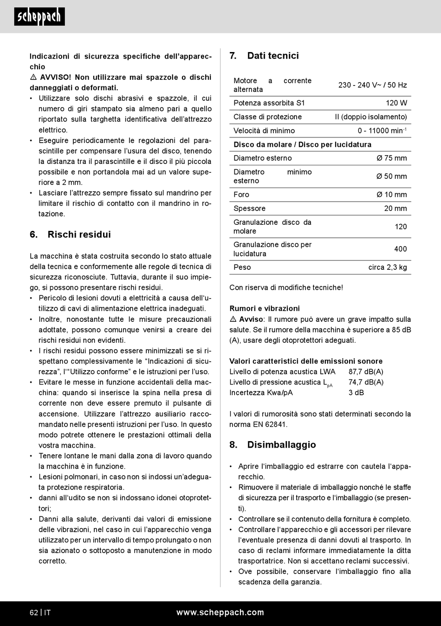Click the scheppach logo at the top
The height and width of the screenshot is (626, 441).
click(x=39, y=17)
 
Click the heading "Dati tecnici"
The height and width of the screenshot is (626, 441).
click(x=273, y=56)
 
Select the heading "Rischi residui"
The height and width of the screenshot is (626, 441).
click(x=79, y=235)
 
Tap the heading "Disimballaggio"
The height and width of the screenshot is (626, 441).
click(x=281, y=445)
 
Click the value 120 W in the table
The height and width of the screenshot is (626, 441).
click(x=396, y=103)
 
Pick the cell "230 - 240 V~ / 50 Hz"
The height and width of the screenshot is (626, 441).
click(x=372, y=85)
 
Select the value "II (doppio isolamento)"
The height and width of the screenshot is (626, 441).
click(x=371, y=117)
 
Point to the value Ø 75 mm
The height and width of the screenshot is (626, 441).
click(x=391, y=158)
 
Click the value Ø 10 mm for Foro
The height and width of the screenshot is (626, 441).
click(x=391, y=195)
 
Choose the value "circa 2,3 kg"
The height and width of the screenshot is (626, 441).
click(x=388, y=267)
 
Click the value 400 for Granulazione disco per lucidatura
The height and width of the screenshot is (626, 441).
click(x=400, y=249)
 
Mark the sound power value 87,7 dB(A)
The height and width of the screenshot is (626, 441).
click(x=366, y=372)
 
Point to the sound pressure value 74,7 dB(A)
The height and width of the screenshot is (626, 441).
click(x=366, y=382)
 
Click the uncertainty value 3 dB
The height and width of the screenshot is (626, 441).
click(x=356, y=392)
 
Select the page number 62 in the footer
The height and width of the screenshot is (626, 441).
click(x=34, y=613)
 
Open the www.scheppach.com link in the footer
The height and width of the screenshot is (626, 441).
click(x=220, y=613)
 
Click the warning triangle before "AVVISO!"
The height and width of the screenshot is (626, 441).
click(x=33, y=78)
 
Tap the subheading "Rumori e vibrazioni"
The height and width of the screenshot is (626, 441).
click(x=265, y=308)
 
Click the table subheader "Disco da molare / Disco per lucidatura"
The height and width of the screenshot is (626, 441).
click(x=302, y=144)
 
